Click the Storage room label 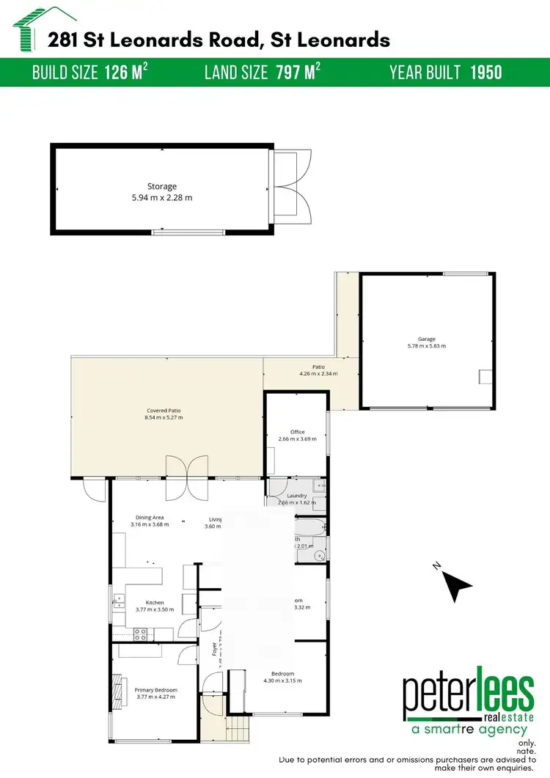pos(161,187)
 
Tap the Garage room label pos(427,340)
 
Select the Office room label pos(297,432)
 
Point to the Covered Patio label pos(164,411)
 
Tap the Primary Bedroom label pos(155,690)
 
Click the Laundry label pos(297,496)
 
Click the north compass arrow pos(459,584)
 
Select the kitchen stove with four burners pos(141,634)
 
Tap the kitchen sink pos(117,603)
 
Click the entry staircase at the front pos(238,730)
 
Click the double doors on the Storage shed pos(292,187)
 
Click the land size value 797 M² pos(298,72)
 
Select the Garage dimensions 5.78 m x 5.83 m pos(427,346)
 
